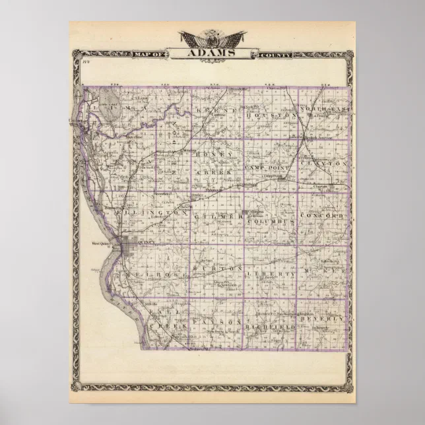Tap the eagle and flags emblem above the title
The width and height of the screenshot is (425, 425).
[x=212, y=37]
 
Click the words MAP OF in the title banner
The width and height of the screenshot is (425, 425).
[x=150, y=55]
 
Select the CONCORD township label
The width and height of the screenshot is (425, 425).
[x=322, y=216]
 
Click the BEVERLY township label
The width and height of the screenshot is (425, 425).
[x=322, y=319]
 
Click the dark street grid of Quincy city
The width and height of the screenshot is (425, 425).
[x=135, y=246]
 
